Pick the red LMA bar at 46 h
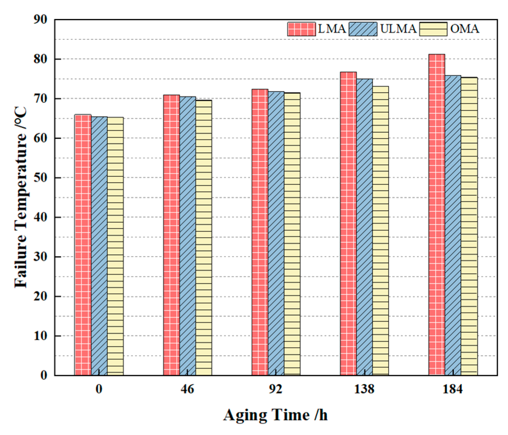pyautogui.click(x=171, y=235)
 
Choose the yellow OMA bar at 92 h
pyautogui.click(x=292, y=234)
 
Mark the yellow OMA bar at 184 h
pyautogui.click(x=469, y=226)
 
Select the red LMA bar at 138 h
pyautogui.click(x=348, y=223)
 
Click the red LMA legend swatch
pyautogui.click(x=301, y=29)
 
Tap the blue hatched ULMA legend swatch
pyautogui.click(x=363, y=29)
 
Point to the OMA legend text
pyautogui.click(x=465, y=29)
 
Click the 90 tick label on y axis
pyautogui.click(x=40, y=20)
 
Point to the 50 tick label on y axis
pyautogui.click(x=40, y=178)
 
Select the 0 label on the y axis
pyautogui.click(x=44, y=375)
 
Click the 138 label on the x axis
pyautogui.click(x=364, y=389)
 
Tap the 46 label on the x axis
pyautogui.click(x=187, y=389)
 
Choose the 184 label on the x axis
pyautogui.click(x=453, y=389)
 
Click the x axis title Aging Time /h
pyautogui.click(x=275, y=415)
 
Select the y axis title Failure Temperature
pyautogui.click(x=21, y=197)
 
